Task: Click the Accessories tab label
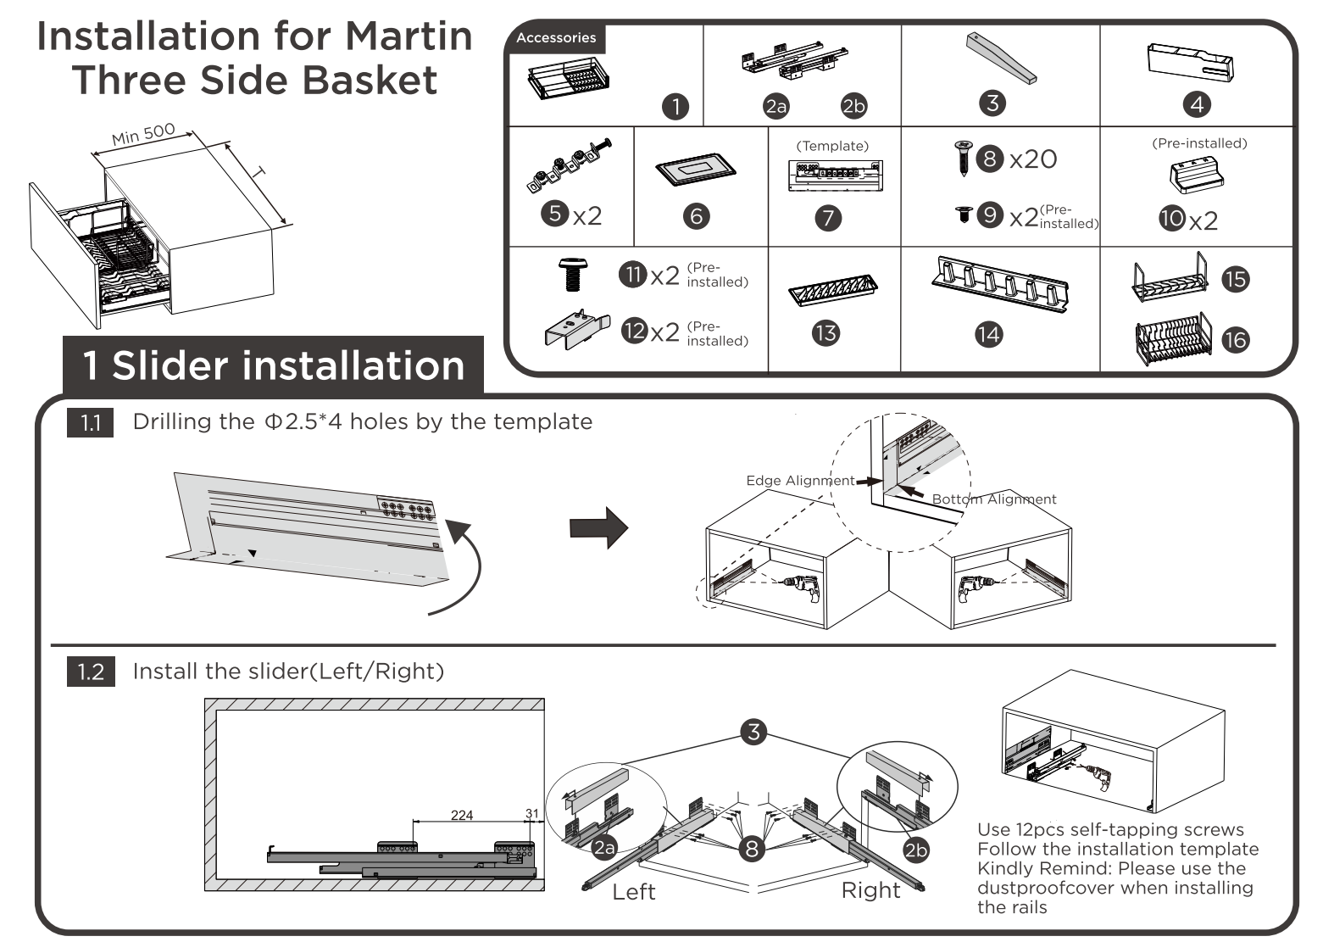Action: coord(555,37)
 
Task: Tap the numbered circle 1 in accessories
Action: coord(675,106)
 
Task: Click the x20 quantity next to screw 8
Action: coord(1032,159)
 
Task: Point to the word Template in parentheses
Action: coord(832,146)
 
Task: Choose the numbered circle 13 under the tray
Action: coord(825,333)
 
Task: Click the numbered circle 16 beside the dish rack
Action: coord(1236,340)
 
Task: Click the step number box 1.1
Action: coord(91,422)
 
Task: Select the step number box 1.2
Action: coord(91,672)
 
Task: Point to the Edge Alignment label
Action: coord(800,481)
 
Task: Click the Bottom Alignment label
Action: coord(994,499)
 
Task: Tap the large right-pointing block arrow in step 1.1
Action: coord(598,527)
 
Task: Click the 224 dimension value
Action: coord(462,815)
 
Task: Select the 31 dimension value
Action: coord(531,813)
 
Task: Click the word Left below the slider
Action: coord(634,891)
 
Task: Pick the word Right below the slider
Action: coord(870,890)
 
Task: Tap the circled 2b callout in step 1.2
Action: coord(916,850)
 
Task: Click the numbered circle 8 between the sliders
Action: coord(752,847)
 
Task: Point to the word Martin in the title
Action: coord(409,36)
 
